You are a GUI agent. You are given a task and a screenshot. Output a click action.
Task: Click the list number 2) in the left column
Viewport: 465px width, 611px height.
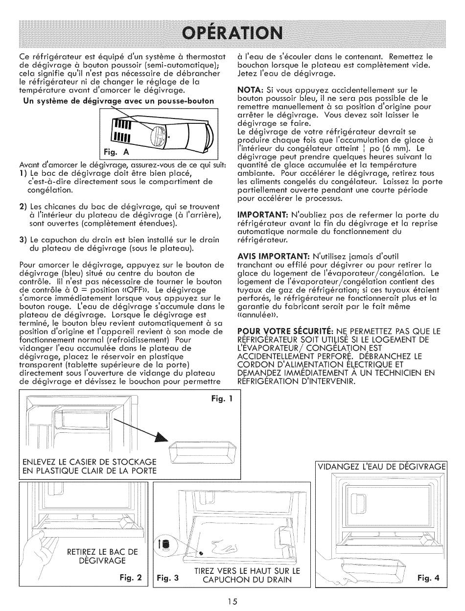(x=23, y=207)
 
